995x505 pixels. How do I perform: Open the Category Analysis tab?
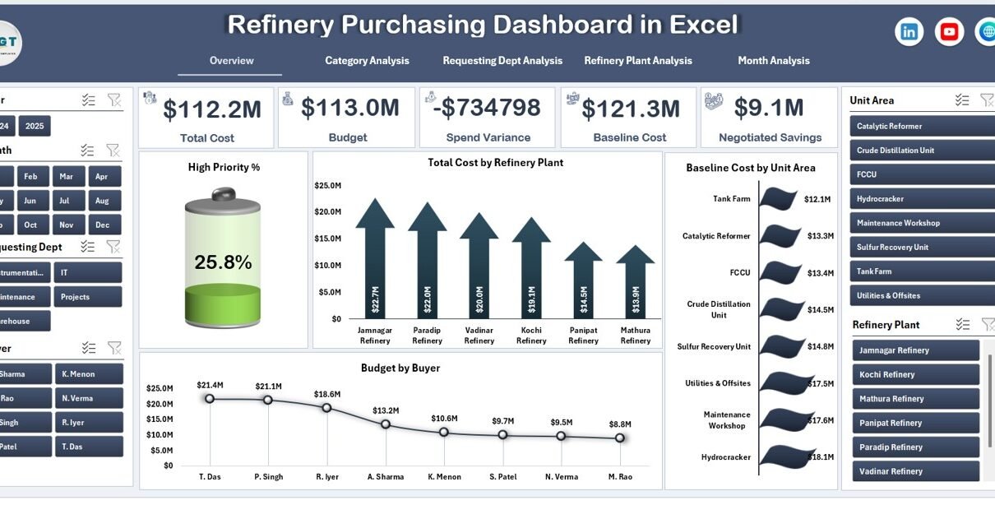[367, 61]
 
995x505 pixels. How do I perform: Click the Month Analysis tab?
[773, 61]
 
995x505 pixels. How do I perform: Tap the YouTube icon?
[949, 32]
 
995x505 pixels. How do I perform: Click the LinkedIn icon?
[909, 32]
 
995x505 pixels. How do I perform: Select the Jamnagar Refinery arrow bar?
[375, 263]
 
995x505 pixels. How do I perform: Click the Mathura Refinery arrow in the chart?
[636, 284]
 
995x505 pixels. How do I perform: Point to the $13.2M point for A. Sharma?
[386, 424]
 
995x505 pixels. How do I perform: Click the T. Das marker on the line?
[210, 399]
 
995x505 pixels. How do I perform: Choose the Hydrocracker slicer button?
[920, 199]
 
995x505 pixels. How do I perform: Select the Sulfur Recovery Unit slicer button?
[920, 248]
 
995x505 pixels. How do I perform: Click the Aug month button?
[102, 201]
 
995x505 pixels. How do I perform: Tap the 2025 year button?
[35, 126]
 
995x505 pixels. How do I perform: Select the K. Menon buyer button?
[89, 374]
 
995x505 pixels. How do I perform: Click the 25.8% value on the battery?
[223, 262]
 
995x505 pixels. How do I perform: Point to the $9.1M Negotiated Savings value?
[769, 108]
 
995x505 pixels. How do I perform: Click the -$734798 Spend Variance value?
[488, 108]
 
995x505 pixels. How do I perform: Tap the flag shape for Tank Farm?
[778, 199]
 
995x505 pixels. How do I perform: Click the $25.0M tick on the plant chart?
[328, 186]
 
